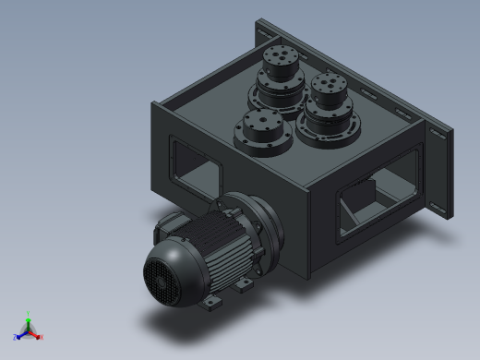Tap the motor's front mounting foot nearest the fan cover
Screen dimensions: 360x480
tap(213, 302)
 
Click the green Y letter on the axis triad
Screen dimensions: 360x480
tap(29, 313)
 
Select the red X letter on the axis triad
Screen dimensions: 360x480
tap(42, 337)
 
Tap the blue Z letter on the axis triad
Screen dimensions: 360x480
tap(16, 337)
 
